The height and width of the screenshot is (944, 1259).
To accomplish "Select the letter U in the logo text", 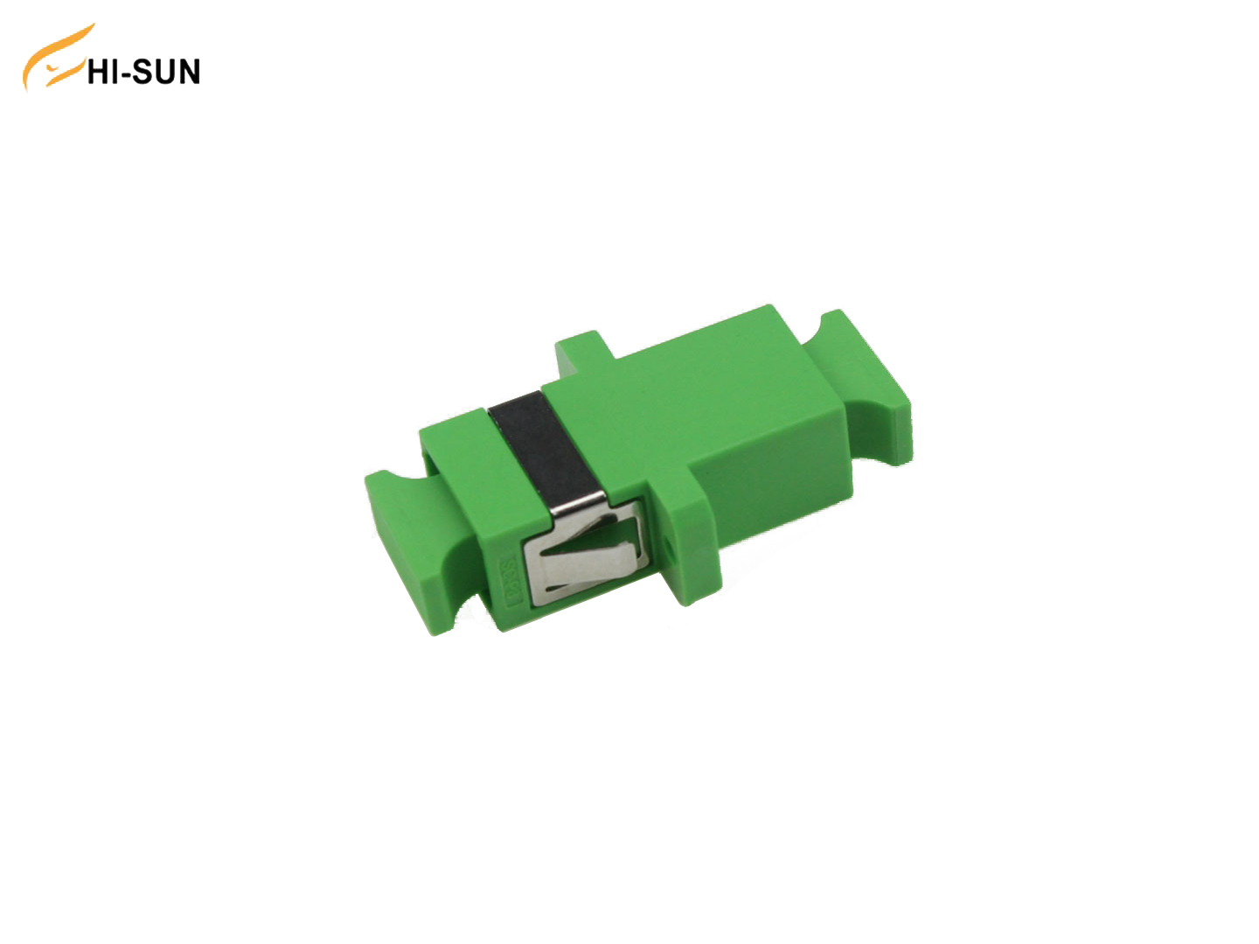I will (165, 72).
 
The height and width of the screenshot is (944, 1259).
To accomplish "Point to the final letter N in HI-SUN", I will (188, 72).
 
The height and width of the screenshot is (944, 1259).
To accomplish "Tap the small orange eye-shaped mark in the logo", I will (62, 67).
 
